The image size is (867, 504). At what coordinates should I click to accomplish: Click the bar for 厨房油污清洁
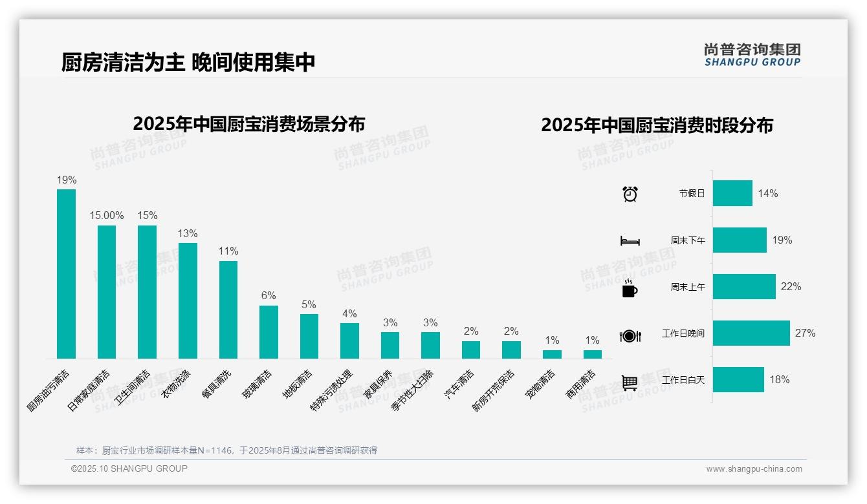coord(66,273)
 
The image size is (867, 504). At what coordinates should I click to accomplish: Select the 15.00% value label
coord(107,215)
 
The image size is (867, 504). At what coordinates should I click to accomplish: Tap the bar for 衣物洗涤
coord(188,300)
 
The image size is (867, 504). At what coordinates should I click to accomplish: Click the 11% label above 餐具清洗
coord(228,251)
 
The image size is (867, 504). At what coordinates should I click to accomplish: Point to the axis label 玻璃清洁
coord(258,384)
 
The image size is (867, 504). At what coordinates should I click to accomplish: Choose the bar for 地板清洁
coord(309,336)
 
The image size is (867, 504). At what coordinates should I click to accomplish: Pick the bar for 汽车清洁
coord(471,350)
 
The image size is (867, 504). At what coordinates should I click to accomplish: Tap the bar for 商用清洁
coord(592,354)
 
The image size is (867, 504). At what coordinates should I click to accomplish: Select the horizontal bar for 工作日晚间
coord(751,333)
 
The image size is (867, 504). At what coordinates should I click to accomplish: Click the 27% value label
coord(805,333)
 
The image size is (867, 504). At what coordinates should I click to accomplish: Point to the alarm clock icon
coord(630,194)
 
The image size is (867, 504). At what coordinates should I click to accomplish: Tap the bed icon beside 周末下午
coord(630,240)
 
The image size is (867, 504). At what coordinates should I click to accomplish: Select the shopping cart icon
coord(630,383)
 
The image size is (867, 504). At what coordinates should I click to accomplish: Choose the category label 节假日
coord(692,193)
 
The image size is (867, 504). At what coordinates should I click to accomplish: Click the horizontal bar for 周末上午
coord(744,287)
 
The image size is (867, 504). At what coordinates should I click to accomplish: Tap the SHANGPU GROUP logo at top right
coord(752,54)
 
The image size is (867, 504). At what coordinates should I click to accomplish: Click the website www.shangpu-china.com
coord(754,469)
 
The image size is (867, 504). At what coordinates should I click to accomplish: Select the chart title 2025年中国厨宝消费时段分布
coord(657,125)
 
